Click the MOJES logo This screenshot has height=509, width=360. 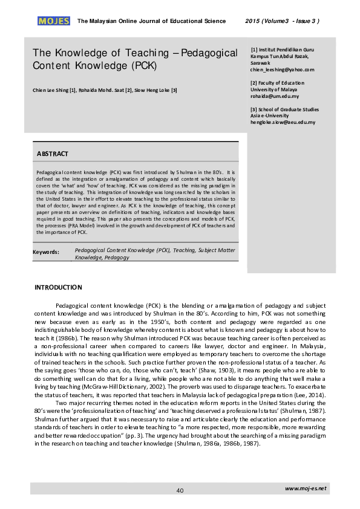click(54, 21)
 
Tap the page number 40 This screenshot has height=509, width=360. click(180, 490)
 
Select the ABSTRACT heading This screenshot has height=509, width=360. click(53, 154)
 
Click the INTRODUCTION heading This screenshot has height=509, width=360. click(58, 287)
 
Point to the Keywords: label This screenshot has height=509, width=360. click(46, 251)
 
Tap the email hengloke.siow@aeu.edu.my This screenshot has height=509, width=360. click(283, 122)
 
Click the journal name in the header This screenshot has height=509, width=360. click(151, 21)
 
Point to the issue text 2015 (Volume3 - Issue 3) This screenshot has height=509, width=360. click(283, 21)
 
